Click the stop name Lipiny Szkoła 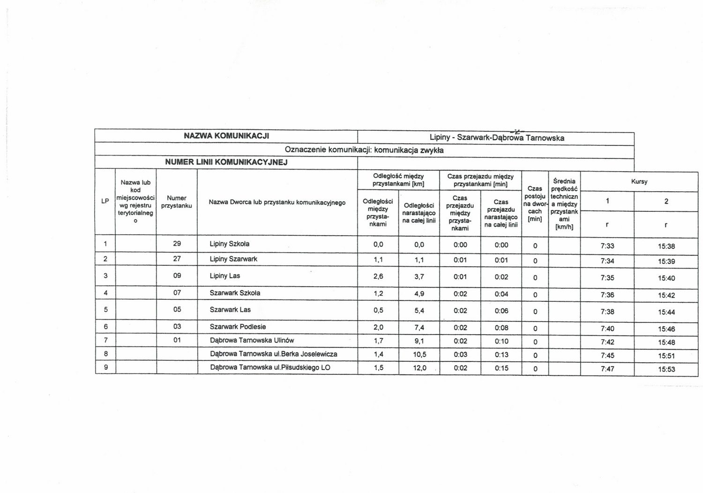(229, 244)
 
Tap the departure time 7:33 (607, 246)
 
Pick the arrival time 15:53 (666, 369)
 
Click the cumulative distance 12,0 (419, 368)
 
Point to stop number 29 (177, 244)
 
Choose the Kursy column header (639, 181)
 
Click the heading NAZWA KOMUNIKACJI (226, 136)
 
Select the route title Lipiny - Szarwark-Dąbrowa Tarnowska (497, 138)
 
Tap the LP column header (105, 201)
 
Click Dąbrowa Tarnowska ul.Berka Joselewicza (273, 354)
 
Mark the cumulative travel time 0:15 (501, 368)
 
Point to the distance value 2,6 (378, 276)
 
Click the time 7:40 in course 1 (607, 329)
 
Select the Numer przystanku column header (177, 202)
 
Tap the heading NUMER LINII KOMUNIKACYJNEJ (226, 163)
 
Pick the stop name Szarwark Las (230, 310)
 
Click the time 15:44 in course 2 (666, 312)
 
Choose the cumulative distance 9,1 (419, 341)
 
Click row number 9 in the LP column (105, 367)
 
